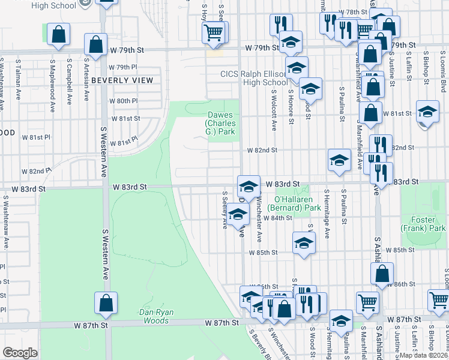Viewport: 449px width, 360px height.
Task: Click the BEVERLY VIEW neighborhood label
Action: [123, 80]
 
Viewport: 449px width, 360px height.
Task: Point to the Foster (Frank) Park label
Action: [423, 224]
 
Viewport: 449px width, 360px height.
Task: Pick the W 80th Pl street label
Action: [124, 101]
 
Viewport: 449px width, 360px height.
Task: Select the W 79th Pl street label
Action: [123, 67]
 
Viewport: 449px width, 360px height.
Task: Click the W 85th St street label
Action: [265, 251]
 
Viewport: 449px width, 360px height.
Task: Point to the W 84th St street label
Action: [279, 218]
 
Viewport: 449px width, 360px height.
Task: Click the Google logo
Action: [20, 353]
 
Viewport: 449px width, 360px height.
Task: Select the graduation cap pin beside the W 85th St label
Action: [304, 244]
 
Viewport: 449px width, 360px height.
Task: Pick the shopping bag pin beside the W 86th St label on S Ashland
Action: [382, 274]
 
